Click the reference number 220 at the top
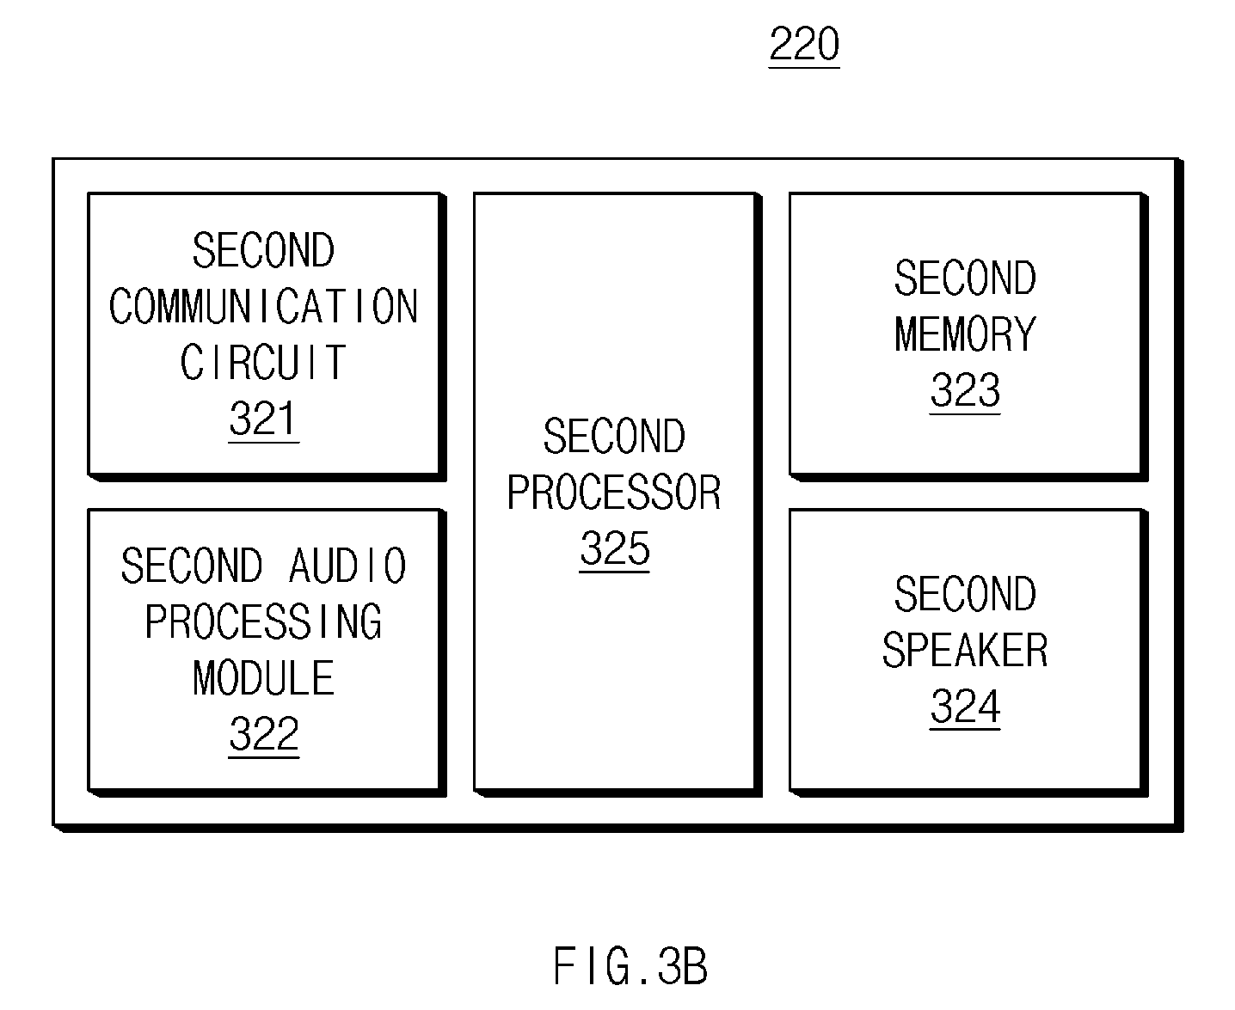(804, 44)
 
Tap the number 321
(263, 419)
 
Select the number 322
(263, 734)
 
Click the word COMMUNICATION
(263, 306)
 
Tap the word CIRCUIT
(263, 362)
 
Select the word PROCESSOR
(614, 493)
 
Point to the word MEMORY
(965, 334)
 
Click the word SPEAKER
(965, 650)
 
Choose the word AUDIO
(347, 566)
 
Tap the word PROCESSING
(263, 621)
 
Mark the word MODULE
(263, 677)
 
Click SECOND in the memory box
(965, 278)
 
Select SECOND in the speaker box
(965, 594)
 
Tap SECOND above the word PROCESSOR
(614, 436)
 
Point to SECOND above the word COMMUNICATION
(263, 250)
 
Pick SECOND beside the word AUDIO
(192, 566)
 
